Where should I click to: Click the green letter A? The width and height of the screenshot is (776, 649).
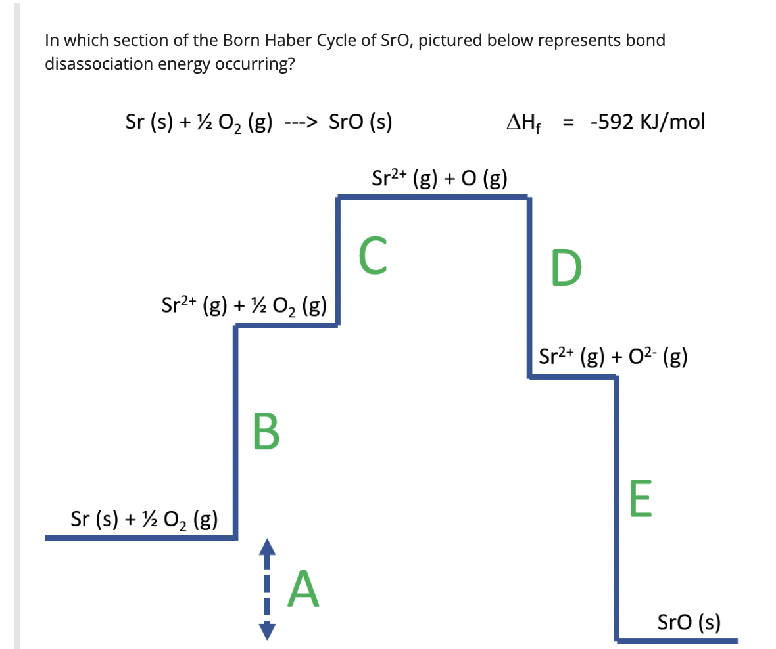pyautogui.click(x=303, y=591)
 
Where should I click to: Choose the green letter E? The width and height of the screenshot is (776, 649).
pyautogui.click(x=640, y=500)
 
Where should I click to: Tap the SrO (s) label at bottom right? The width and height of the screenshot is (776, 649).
pyautogui.click(x=689, y=620)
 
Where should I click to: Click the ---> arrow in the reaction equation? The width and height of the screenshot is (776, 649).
pyautogui.click(x=302, y=123)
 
